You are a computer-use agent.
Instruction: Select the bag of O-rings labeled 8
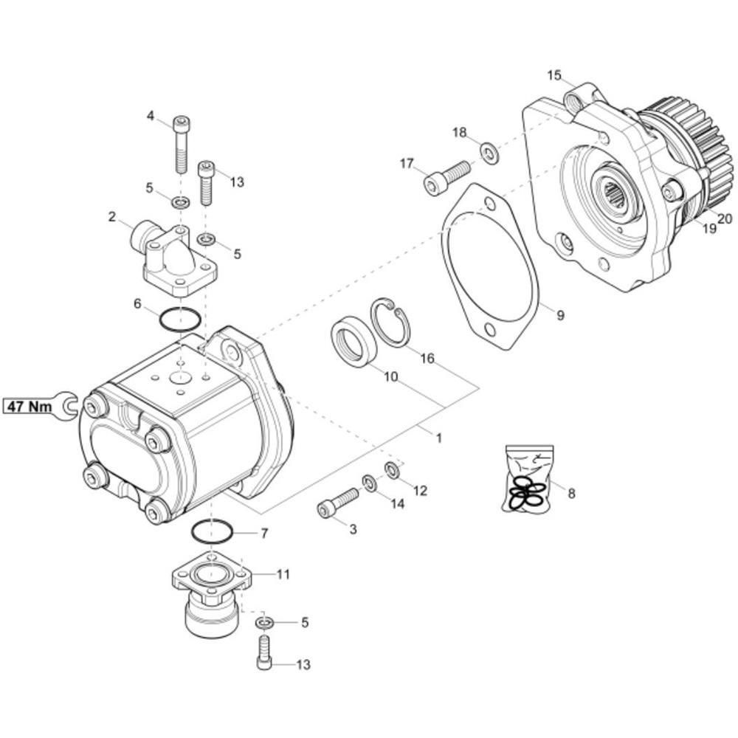(528, 478)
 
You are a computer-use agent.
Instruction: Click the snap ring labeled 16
(390, 323)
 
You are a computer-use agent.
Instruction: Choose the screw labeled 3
(338, 503)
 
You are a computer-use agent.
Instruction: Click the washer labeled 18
(491, 154)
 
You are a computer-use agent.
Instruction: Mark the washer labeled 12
(393, 470)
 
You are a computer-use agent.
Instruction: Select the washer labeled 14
(370, 483)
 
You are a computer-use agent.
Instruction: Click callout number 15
(554, 75)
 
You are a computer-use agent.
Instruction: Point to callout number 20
(725, 218)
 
